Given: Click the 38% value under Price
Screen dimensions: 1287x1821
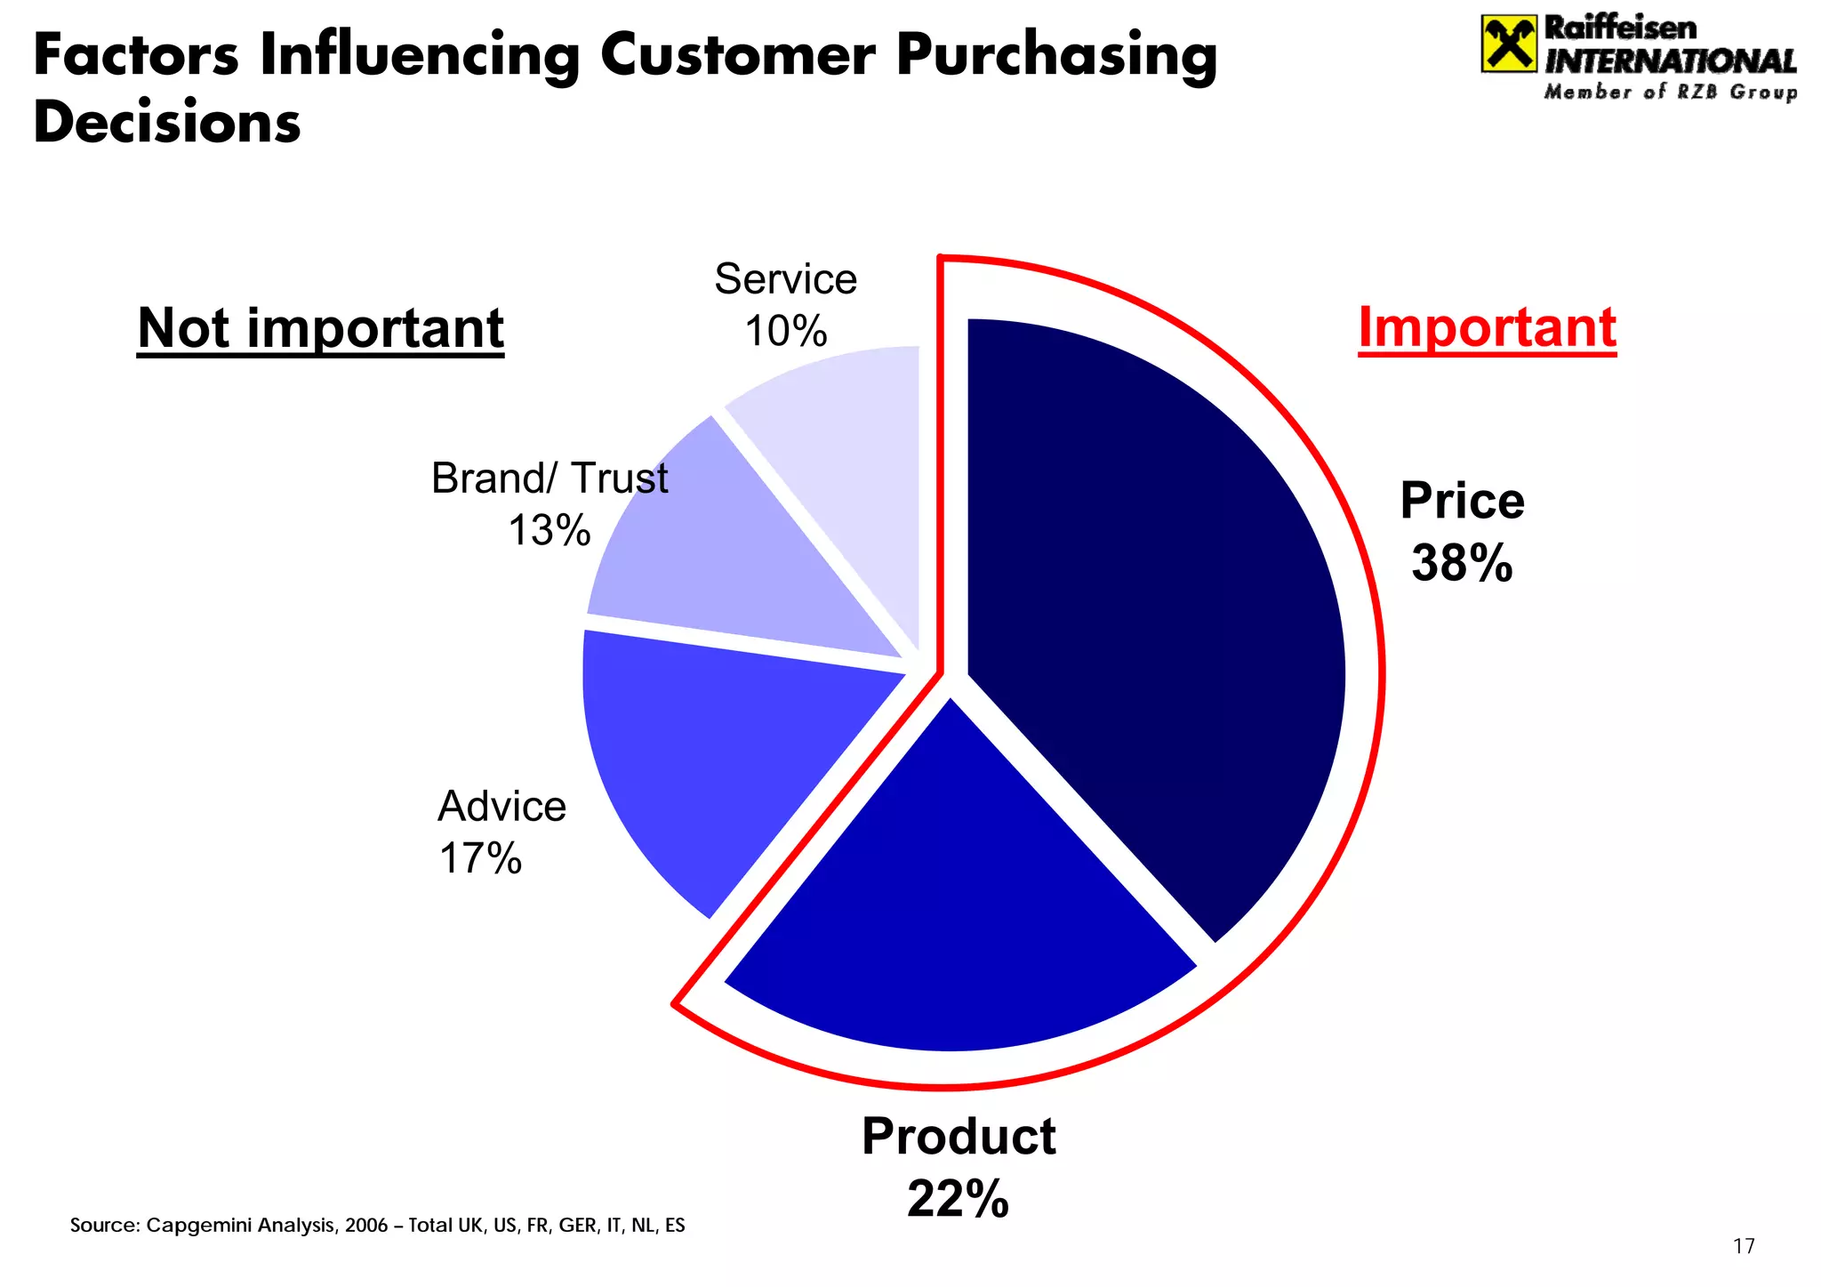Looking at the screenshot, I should click(1461, 563).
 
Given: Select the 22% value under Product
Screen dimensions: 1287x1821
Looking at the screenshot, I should click(958, 1198).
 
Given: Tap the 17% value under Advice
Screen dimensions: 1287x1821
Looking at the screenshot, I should click(480, 858).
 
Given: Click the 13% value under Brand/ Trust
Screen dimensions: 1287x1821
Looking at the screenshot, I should click(549, 530).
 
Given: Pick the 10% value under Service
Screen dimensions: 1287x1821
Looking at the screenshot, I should click(785, 332).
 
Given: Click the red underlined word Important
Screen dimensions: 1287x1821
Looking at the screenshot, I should click(1487, 327).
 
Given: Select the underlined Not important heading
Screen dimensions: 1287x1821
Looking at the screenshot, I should click(320, 328).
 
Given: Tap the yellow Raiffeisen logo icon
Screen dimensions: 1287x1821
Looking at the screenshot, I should click(1508, 44).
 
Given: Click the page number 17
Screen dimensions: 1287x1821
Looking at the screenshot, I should click(1744, 1246).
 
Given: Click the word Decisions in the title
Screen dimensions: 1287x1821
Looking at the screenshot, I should click(167, 122).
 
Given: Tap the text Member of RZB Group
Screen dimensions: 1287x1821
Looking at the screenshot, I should click(1670, 93).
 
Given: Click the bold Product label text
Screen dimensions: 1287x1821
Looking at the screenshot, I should click(959, 1137).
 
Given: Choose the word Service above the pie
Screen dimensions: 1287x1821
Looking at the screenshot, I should click(785, 279).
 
